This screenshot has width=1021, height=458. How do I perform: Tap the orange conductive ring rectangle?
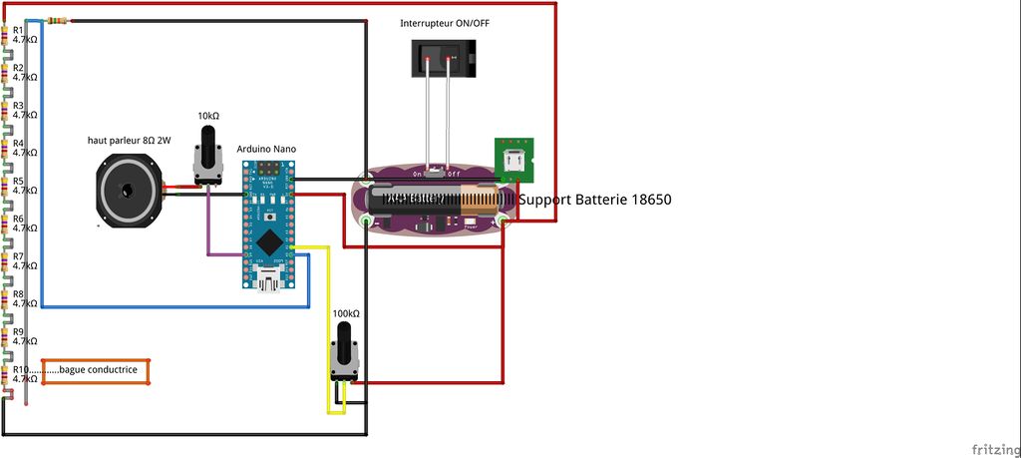click(96, 371)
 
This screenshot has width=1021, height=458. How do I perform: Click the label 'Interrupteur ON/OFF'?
click(445, 23)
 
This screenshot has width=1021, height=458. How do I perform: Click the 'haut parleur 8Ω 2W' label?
click(130, 141)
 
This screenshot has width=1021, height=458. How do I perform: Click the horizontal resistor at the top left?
click(58, 21)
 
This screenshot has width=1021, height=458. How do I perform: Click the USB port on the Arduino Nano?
click(268, 284)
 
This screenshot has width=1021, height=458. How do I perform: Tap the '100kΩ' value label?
click(346, 313)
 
